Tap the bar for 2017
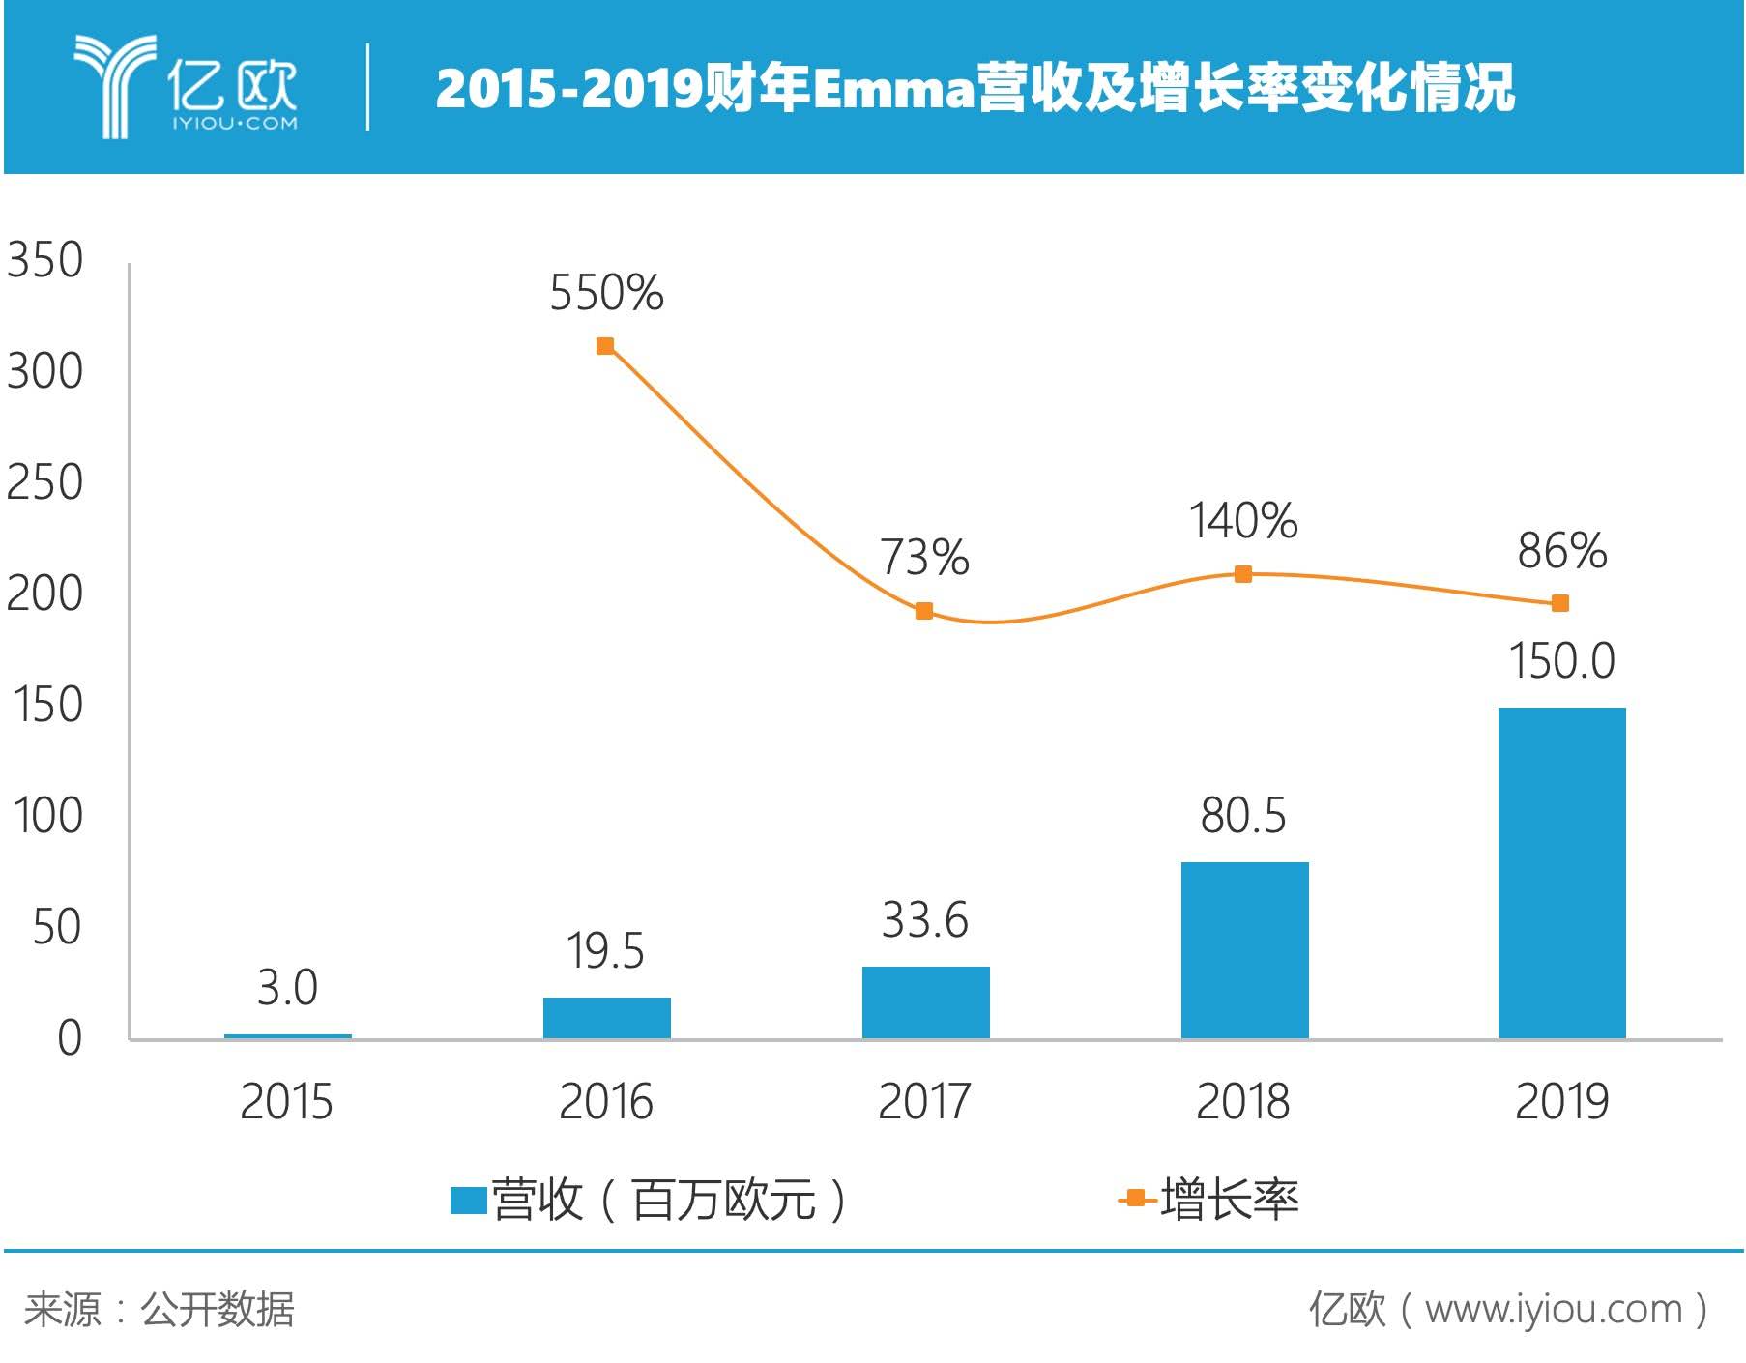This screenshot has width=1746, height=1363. click(x=925, y=1002)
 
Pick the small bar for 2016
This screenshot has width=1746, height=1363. click(x=606, y=1018)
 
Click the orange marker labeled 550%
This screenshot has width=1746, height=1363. click(x=605, y=346)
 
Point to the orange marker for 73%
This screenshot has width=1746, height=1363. click(x=924, y=611)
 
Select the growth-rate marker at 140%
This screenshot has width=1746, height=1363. click(x=1243, y=574)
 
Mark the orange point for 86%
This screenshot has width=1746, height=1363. click(x=1559, y=603)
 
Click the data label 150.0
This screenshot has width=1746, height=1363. click(x=1561, y=661)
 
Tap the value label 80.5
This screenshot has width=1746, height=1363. click(x=1243, y=816)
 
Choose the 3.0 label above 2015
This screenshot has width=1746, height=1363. click(x=287, y=988)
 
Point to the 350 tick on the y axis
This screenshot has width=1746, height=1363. click(x=44, y=260)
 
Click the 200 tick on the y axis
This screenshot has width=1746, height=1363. click(x=44, y=594)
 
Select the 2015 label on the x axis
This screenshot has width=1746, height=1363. click(x=286, y=1102)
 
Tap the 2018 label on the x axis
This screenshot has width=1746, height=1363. click(x=1243, y=1102)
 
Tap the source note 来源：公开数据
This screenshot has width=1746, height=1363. click(x=160, y=1310)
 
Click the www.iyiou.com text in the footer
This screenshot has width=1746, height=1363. click(x=1553, y=1310)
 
